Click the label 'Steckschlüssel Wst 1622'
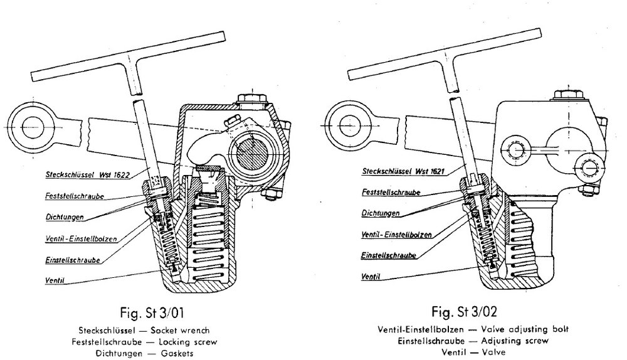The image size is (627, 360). (x=88, y=174)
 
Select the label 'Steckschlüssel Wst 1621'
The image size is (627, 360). (x=403, y=171)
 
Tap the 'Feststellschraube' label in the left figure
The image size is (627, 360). (x=75, y=196)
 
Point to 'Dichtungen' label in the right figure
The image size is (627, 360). (x=381, y=213)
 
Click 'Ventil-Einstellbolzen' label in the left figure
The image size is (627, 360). (x=81, y=239)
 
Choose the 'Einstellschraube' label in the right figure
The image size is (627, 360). (x=388, y=255)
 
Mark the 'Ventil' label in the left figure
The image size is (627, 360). (x=55, y=280)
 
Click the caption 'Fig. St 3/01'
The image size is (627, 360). (x=152, y=312)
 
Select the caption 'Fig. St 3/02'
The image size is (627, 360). (x=464, y=311)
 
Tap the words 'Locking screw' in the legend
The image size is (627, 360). (x=187, y=342)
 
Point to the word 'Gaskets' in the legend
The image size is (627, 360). (x=177, y=354)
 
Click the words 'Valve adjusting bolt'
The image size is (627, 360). (x=525, y=329)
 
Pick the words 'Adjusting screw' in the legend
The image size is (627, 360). (x=515, y=341)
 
